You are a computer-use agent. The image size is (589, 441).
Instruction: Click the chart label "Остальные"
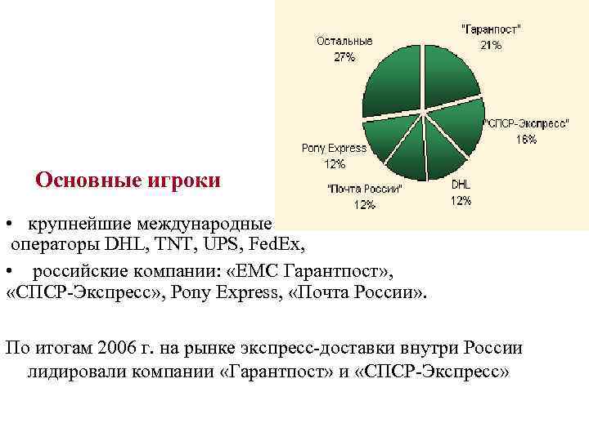point(344,41)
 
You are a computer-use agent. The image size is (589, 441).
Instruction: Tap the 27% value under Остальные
point(344,57)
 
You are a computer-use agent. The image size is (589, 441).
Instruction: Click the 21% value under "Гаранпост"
point(491,46)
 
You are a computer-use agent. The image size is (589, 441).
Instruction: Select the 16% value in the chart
point(526,140)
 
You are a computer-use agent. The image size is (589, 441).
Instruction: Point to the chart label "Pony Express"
point(334,148)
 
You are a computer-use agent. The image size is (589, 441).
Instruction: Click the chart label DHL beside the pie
point(461,185)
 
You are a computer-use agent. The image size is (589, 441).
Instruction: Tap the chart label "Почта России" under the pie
point(365,189)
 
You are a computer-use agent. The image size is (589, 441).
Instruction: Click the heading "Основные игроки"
point(128,180)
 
